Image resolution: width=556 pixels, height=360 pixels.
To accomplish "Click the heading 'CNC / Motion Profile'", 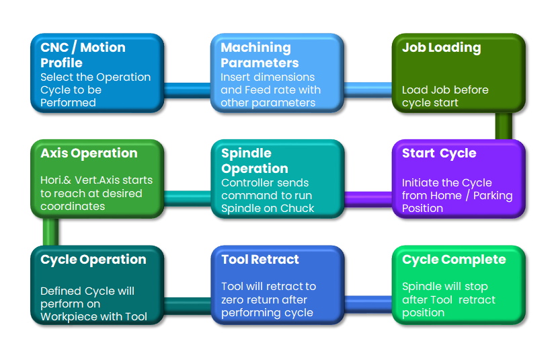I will [83, 55].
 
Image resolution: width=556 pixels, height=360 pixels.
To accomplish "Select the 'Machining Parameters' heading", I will [260, 55].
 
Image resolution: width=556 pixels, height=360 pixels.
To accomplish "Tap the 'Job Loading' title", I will [441, 48].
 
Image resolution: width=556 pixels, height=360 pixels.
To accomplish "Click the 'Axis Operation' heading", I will [89, 153].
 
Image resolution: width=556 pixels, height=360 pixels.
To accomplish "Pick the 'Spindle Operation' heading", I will [254, 161].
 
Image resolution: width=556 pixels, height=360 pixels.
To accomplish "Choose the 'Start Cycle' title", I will [439, 153].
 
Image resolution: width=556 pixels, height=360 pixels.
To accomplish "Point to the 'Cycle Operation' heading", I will [93, 260].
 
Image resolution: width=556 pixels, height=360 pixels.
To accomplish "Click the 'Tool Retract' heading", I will [260, 260].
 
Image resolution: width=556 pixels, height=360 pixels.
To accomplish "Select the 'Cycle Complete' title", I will [454, 260].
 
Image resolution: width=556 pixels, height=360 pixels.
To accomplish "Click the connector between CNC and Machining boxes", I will [188, 89].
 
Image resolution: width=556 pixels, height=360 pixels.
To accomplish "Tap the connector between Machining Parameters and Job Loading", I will [368, 89].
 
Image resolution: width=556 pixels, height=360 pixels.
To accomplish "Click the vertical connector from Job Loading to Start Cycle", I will [503, 126].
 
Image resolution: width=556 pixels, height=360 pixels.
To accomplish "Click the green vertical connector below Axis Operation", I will [50, 231].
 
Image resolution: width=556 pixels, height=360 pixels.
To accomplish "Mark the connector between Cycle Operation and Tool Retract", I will [188, 304].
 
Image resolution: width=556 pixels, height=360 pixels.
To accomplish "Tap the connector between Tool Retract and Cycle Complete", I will [368, 304].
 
